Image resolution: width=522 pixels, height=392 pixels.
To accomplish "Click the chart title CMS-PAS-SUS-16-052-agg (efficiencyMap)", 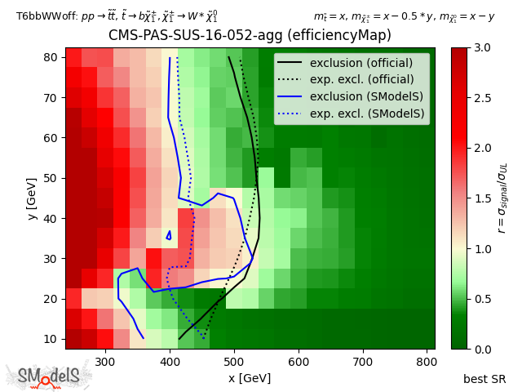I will [x=250, y=36].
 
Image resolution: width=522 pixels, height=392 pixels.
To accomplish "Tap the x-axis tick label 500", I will [x=234, y=361].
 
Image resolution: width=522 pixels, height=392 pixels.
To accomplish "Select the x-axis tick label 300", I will [x=105, y=361].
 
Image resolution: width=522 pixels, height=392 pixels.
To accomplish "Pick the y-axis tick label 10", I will [x=50, y=339].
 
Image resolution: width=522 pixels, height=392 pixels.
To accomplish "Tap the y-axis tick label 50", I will [x=50, y=178].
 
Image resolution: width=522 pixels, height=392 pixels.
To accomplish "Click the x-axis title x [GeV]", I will [x=250, y=377].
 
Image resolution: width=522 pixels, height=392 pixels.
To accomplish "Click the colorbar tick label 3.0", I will [x=482, y=48].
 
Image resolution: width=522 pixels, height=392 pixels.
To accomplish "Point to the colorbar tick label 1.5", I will [x=482, y=198].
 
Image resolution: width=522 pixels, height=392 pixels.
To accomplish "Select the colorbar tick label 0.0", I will [x=482, y=349].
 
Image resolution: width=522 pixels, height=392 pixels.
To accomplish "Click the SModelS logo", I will [x=49, y=376].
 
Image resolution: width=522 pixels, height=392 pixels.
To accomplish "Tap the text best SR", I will [x=484, y=379].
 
